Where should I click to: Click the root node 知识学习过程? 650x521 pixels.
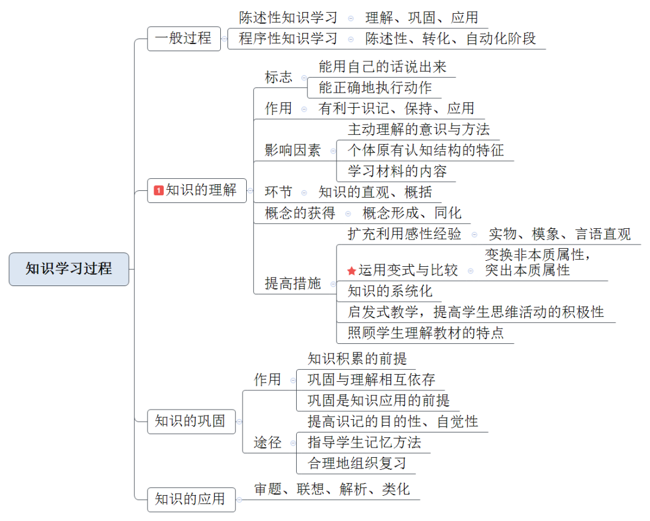69,269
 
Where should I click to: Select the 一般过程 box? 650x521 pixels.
184,39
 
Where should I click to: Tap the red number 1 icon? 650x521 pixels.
159,191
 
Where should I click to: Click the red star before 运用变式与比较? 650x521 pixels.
351,271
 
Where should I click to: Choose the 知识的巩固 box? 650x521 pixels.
190,421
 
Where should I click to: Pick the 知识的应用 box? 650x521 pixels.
190,499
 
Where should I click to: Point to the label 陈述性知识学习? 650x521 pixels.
288,17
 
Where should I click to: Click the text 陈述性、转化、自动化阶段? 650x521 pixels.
450,39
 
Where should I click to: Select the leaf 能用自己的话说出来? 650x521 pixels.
382,66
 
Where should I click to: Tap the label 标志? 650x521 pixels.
279,77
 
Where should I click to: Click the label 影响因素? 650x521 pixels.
293,151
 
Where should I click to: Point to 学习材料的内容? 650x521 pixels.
397,171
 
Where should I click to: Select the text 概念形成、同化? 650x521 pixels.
412,213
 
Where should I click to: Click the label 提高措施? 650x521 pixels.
293,284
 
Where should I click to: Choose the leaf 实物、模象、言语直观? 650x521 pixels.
560,234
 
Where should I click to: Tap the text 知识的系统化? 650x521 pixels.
390,292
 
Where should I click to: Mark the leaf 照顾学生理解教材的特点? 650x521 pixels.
426,332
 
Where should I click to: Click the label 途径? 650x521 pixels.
268,443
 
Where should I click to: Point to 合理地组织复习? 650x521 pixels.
357,463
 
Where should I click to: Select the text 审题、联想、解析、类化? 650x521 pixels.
332,489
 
